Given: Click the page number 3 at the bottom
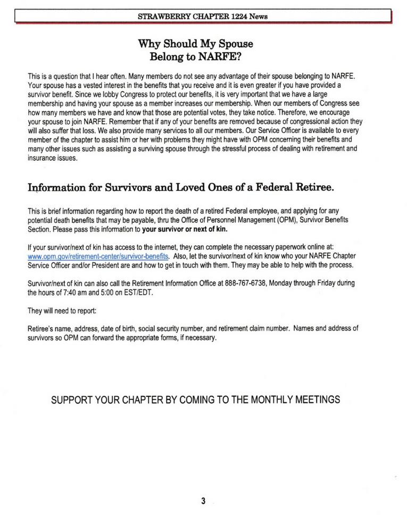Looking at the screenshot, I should [203, 500].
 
